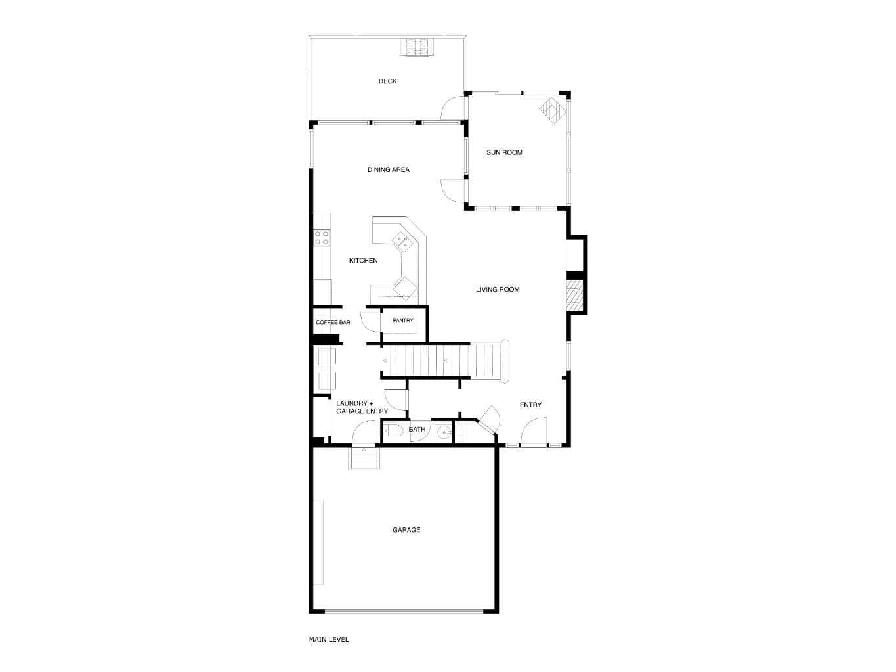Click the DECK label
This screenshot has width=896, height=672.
click(387, 81)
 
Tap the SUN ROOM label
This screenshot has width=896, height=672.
click(504, 152)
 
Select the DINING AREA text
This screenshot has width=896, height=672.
click(388, 169)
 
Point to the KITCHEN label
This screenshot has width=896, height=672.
click(363, 261)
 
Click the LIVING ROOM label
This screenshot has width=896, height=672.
click(498, 290)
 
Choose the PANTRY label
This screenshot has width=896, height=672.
click(403, 321)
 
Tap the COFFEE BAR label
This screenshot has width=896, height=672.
click(333, 323)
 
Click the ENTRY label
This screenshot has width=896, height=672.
click(530, 405)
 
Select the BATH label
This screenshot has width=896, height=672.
click(417, 430)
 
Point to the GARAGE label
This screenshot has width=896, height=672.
click(406, 530)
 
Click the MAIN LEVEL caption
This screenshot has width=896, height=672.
click(329, 640)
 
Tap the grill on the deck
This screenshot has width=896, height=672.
click(416, 47)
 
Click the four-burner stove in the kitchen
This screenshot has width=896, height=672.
click(322, 238)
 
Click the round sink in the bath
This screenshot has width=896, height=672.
click(443, 432)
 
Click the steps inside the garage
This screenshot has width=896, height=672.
click(364, 458)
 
